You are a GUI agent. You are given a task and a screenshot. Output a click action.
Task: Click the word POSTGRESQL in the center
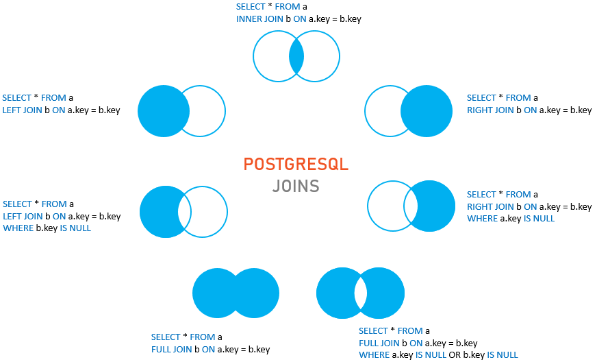point(296,165)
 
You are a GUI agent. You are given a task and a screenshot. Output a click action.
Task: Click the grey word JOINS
point(296,186)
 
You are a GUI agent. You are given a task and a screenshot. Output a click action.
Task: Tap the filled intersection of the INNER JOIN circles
point(296,57)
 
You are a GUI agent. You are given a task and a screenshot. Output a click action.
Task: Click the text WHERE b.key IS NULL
point(47,228)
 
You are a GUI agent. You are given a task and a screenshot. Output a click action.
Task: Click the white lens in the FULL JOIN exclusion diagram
point(361,293)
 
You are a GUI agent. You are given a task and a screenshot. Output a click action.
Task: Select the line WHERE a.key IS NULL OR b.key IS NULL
point(438,354)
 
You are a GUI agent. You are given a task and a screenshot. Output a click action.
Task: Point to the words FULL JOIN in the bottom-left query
point(172,349)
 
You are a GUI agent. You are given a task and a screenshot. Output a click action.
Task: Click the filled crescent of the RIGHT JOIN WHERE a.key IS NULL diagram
point(436,206)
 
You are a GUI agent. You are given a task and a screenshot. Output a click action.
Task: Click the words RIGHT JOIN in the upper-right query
point(490,110)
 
